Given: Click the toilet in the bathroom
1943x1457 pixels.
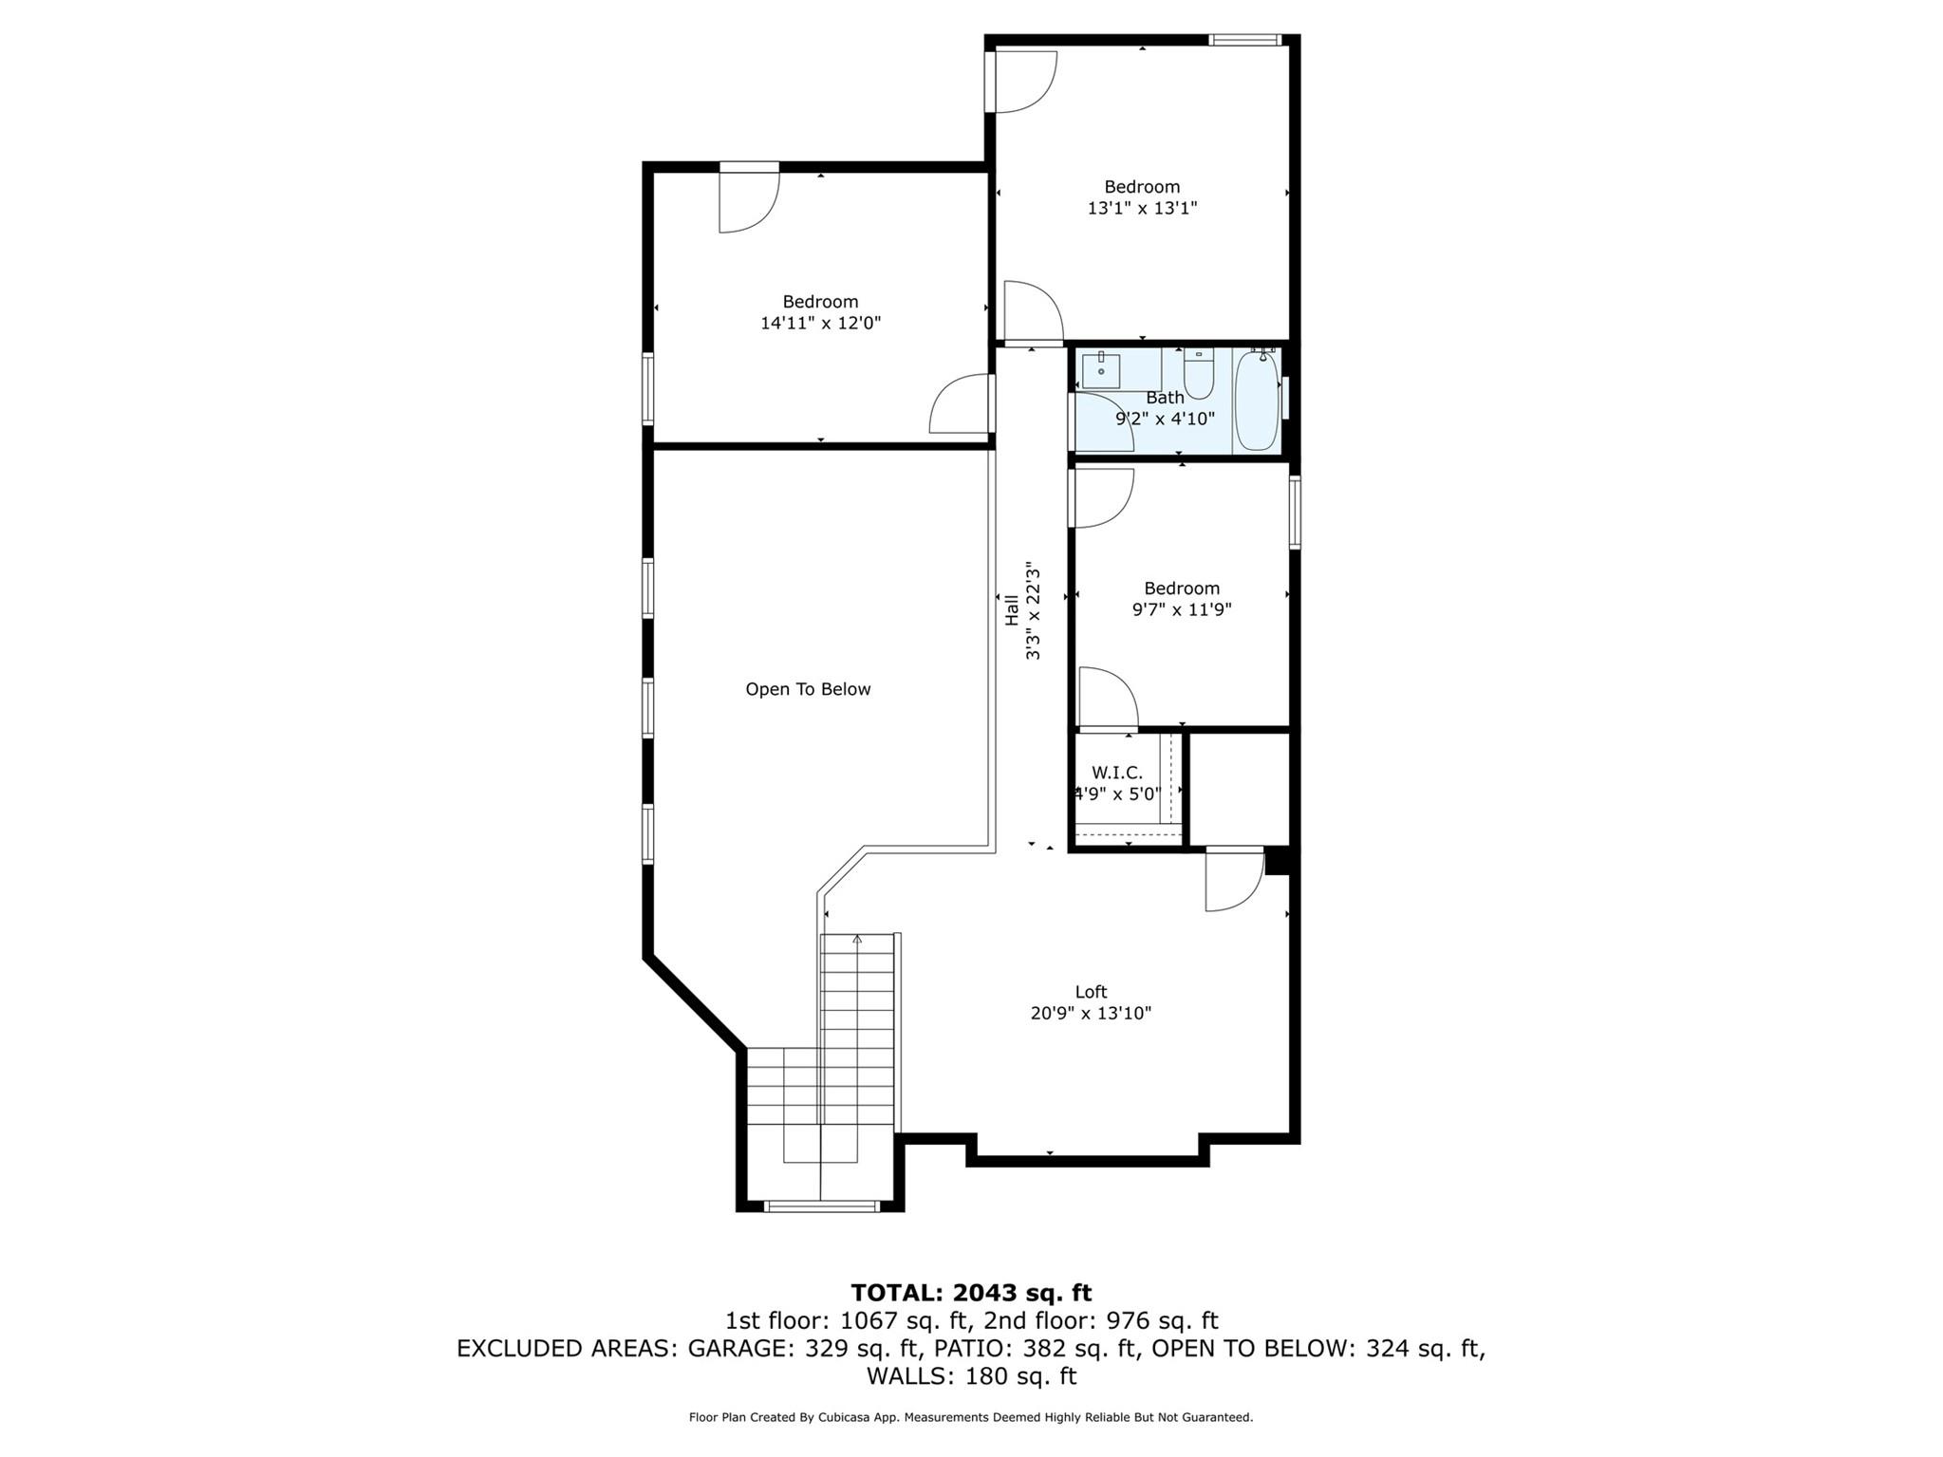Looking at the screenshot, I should point(1199,374).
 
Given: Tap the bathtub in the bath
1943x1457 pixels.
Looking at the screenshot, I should point(1256,401).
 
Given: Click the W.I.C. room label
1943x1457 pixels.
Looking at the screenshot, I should point(1117,773).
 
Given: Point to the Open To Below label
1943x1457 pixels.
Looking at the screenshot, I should point(808,689).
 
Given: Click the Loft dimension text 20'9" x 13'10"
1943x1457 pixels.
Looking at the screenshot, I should point(1091,1013).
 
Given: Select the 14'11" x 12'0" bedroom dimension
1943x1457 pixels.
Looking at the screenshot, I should point(820,323).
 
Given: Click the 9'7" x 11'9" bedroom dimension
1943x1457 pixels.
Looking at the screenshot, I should point(1182,609).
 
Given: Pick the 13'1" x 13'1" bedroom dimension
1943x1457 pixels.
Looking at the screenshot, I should point(1142,208).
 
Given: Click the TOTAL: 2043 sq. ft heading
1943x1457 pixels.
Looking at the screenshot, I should point(971,1293).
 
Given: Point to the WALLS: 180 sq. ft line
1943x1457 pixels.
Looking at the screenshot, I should point(971,1375).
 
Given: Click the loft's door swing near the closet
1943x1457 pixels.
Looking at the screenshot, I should point(1233,881).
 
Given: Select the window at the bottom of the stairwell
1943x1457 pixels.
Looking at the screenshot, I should point(822,1206).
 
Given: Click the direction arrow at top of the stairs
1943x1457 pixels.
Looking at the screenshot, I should point(857,940).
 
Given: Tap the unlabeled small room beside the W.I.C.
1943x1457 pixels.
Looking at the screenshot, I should point(1239,788).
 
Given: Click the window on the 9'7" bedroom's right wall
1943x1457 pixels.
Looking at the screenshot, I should point(1295,513).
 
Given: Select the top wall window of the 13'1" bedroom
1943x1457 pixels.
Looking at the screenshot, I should point(1244,40).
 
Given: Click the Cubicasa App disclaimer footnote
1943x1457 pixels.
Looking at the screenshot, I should point(971,1417).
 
